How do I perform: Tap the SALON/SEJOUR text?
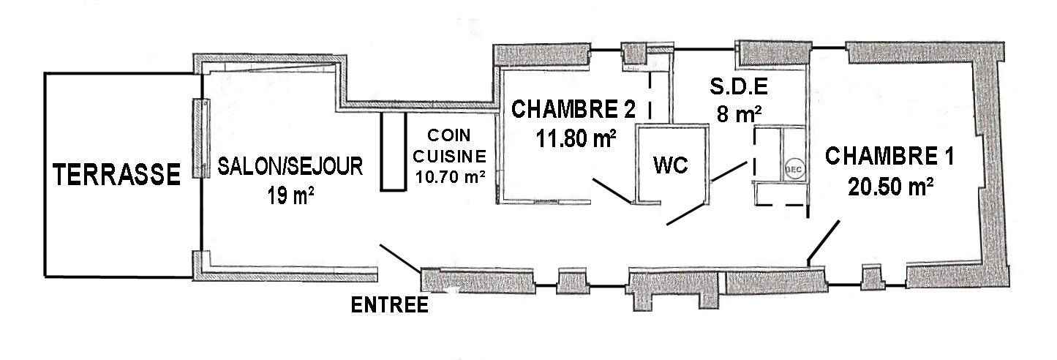pyautogui.click(x=290, y=167)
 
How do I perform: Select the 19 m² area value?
pyautogui.click(x=290, y=196)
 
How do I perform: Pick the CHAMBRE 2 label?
pyautogui.click(x=573, y=110)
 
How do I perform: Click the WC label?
pyautogui.click(x=670, y=165)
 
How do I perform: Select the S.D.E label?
pyautogui.click(x=738, y=87)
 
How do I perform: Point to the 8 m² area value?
pyautogui.click(x=740, y=114)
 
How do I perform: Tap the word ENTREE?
pyautogui.click(x=390, y=305)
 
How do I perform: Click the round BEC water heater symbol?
pyautogui.click(x=792, y=168)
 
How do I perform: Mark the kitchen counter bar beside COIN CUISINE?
pyautogui.click(x=391, y=152)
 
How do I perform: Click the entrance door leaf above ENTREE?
pyautogui.click(x=399, y=257)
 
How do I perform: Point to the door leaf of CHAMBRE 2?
pyautogui.click(x=610, y=189)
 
